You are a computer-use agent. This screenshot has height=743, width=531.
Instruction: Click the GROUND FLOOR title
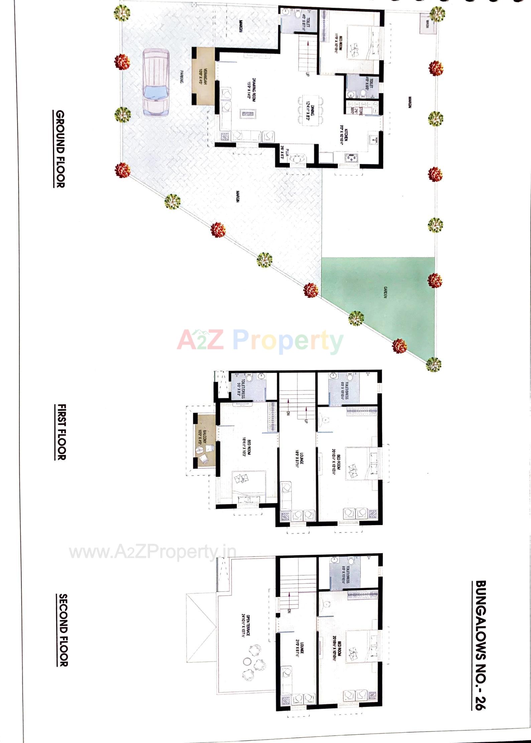pos(60,149)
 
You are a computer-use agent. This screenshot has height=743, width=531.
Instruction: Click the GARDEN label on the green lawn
pos(385,292)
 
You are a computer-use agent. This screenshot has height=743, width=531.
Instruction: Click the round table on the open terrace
pos(248,661)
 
